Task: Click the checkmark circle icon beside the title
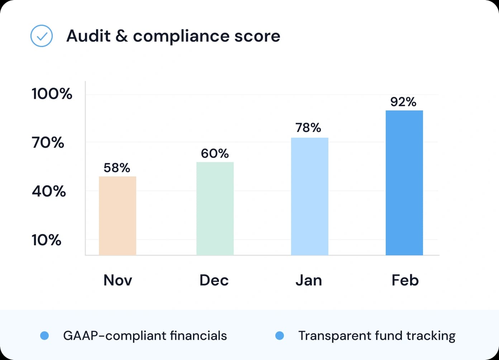coord(42,36)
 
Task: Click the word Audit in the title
coord(89,36)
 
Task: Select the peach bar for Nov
coord(118,215)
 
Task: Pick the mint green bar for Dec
coord(215,208)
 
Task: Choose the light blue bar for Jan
coord(310,196)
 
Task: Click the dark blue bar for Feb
coord(404,183)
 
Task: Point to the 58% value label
coord(117,167)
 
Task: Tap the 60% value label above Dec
coord(215,153)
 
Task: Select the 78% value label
coord(308,128)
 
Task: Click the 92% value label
coord(403,102)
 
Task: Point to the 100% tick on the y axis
coord(52,94)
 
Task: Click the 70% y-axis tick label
coord(48,143)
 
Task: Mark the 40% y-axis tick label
coord(49,191)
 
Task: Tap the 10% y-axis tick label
coord(47,240)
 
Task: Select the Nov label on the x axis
coord(118,280)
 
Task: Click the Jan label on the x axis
coord(309,280)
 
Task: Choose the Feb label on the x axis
coord(405,280)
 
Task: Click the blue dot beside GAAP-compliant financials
coord(44,336)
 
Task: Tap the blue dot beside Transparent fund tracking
coord(280,336)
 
